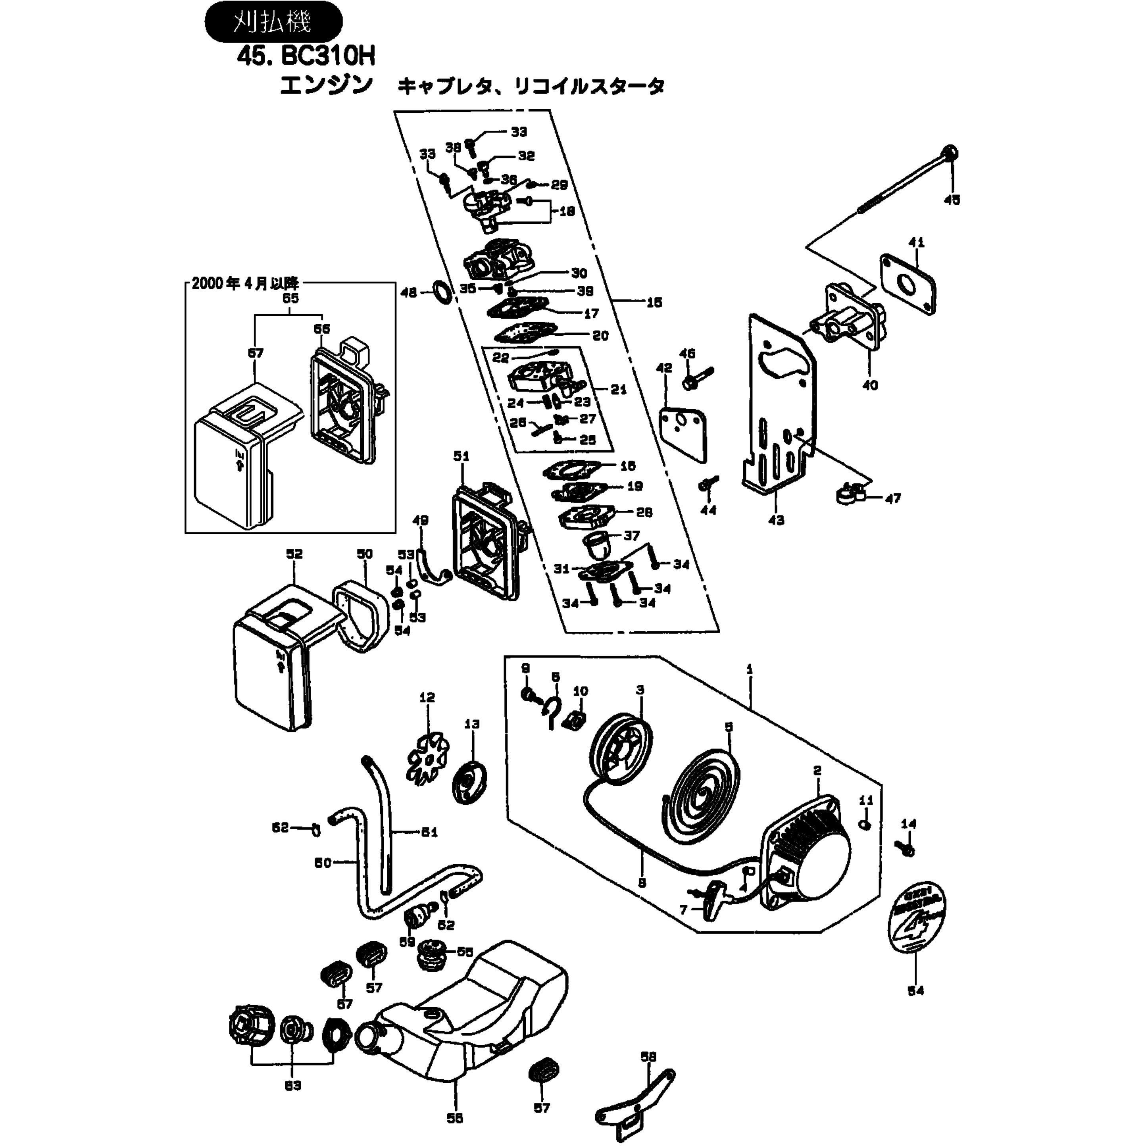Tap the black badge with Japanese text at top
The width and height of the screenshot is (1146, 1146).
(273, 22)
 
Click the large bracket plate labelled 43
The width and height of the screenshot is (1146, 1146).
(777, 415)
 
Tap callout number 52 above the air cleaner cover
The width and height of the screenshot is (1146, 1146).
(294, 554)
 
